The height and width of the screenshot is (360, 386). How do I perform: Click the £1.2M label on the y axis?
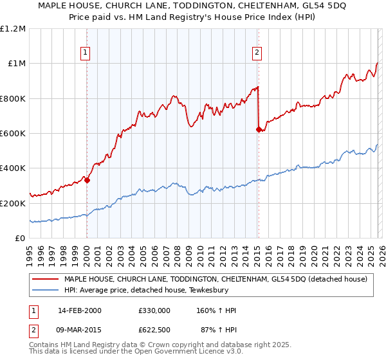[x=13, y=29]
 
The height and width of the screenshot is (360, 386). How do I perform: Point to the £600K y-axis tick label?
[x=13, y=134]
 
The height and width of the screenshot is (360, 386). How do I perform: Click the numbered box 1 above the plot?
[x=86, y=53]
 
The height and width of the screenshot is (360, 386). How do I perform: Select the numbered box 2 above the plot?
[x=257, y=53]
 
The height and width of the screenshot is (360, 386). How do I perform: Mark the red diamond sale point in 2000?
[x=87, y=181]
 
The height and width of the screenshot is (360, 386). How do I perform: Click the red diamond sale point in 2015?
[x=259, y=129]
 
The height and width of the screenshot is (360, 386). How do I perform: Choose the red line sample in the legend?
[x=46, y=279]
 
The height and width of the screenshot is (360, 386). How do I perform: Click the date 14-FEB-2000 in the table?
[x=79, y=310]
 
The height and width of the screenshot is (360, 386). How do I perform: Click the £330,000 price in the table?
[x=154, y=310]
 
